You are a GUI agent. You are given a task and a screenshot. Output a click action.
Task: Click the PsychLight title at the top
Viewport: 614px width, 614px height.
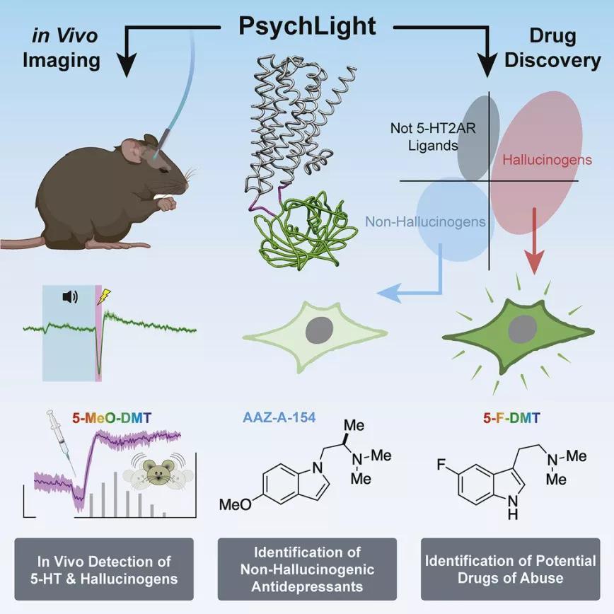[x=306, y=25]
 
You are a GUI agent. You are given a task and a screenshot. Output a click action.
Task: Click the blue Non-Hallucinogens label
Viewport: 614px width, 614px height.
[x=425, y=222]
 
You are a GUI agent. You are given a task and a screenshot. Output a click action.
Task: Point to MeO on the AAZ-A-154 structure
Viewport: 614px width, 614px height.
[x=236, y=506]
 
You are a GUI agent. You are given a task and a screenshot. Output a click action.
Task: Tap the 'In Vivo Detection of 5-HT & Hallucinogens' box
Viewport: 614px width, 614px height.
[x=105, y=569]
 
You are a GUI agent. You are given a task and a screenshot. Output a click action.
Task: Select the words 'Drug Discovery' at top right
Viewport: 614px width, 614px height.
[x=554, y=47]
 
